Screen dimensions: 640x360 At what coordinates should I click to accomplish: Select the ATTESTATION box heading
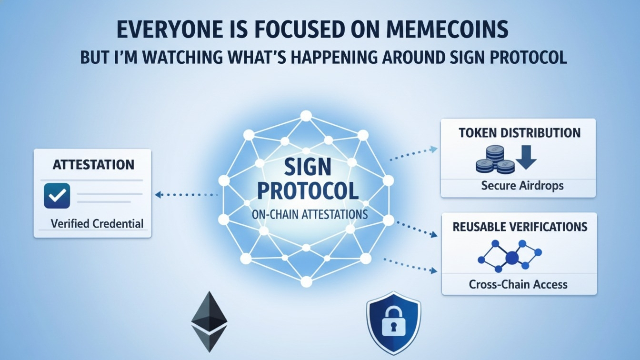click(x=93, y=165)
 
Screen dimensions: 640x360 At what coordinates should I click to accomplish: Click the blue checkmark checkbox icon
click(x=57, y=196)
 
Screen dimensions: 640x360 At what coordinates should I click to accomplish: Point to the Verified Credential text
click(x=97, y=223)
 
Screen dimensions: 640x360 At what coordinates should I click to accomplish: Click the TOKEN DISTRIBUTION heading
click(x=520, y=133)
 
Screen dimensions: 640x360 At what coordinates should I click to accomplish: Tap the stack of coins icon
click(x=495, y=160)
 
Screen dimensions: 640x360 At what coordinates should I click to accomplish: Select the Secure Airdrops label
click(x=522, y=185)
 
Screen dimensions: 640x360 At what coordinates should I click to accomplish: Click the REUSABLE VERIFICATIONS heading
click(x=520, y=227)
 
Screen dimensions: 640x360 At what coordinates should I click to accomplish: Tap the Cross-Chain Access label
click(x=518, y=284)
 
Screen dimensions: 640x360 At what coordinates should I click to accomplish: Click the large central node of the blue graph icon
click(x=512, y=258)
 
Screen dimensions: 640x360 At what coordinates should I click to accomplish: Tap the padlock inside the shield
click(x=393, y=320)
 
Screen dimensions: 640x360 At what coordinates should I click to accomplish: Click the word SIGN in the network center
click(x=307, y=168)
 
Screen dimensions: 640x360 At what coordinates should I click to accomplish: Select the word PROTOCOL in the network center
click(x=307, y=190)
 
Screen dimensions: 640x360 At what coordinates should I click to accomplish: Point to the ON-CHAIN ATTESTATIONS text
click(x=310, y=214)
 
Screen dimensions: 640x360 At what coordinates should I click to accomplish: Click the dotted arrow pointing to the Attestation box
click(x=186, y=194)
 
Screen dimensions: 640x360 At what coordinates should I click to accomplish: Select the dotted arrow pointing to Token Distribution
click(x=413, y=153)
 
